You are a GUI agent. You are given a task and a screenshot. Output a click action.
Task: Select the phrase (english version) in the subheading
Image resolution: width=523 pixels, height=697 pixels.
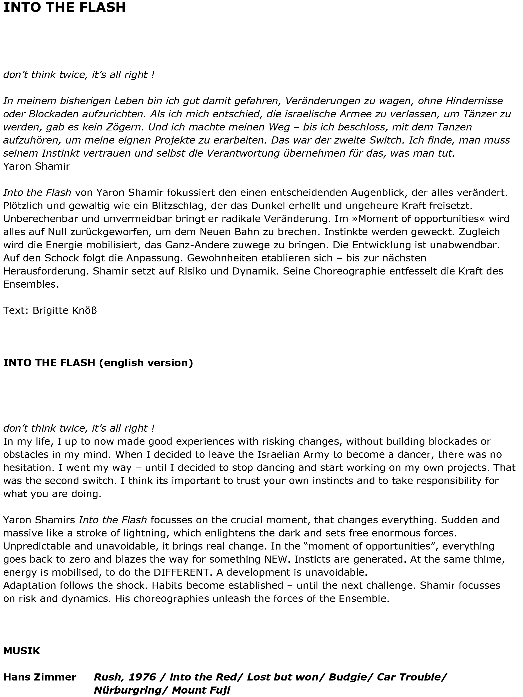(146, 363)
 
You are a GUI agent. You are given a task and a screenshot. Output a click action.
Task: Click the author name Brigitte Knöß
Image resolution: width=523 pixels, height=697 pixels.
(65, 310)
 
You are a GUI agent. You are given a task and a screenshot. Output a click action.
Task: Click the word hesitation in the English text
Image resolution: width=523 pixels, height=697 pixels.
(31, 467)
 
